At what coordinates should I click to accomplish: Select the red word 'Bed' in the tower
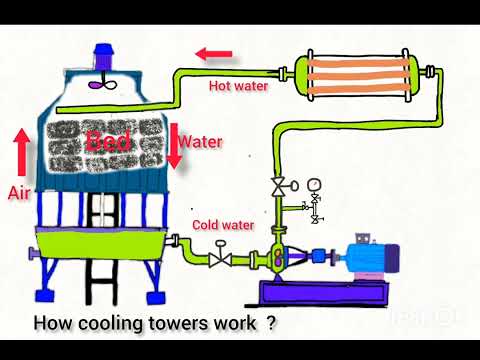click(108, 142)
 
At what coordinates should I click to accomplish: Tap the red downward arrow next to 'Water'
click(173, 144)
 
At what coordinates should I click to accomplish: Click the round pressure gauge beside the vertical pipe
click(315, 185)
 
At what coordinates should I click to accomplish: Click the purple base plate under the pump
click(320, 294)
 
